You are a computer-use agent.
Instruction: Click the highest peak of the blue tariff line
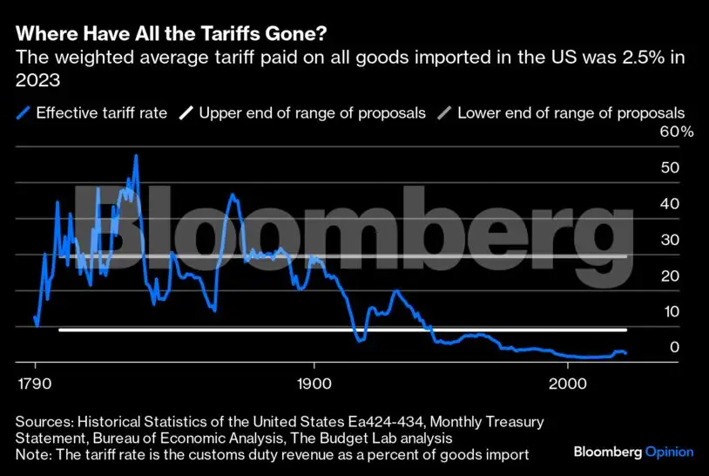click(x=136, y=156)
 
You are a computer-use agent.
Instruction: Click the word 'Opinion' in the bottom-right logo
click(x=669, y=452)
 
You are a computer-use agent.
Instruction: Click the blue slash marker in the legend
click(x=24, y=112)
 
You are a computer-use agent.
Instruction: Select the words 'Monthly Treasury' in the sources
click(x=489, y=421)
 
